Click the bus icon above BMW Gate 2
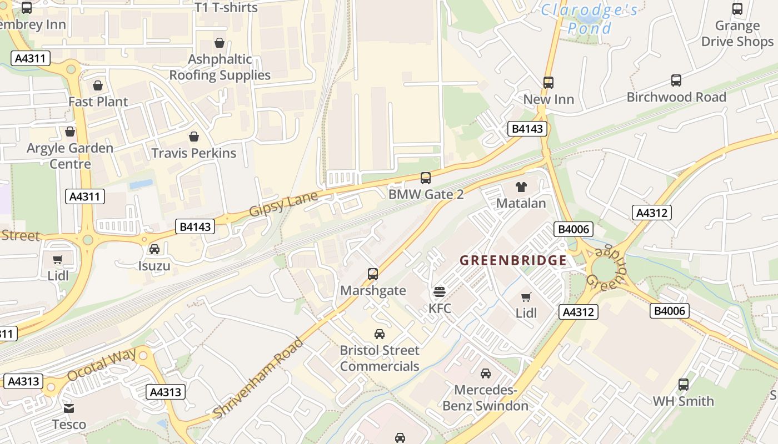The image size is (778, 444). point(425,178)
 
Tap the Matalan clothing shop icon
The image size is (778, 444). point(521,187)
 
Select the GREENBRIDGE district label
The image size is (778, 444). point(513,260)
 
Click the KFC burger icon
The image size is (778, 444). point(440,291)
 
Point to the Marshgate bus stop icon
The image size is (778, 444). point(373,274)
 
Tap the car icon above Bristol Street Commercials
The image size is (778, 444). point(380,334)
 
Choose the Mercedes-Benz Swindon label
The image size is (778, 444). point(485,398)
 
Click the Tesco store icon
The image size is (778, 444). point(69,408)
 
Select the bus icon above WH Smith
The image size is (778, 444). point(683,384)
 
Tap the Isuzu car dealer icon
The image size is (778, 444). point(154,249)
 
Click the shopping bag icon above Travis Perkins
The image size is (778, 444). point(194,137)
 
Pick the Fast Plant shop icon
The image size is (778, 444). point(98,85)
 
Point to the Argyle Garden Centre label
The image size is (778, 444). point(70,156)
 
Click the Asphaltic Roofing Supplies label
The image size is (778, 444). point(220,67)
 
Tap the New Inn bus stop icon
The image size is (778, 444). point(548,83)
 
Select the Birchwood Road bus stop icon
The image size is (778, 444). point(676,80)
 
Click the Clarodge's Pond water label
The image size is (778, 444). point(589,19)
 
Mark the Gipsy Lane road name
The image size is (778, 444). point(283,204)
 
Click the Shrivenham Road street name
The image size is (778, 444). point(258,377)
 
